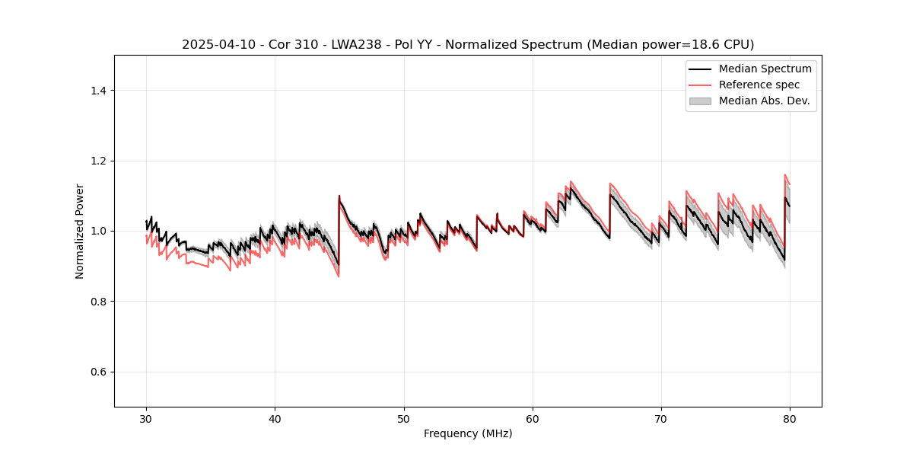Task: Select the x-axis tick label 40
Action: tap(275, 418)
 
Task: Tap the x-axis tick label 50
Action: tap(404, 418)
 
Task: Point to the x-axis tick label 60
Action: tap(533, 418)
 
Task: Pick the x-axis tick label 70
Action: tap(661, 418)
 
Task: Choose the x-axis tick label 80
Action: tap(790, 418)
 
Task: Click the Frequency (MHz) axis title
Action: tap(468, 433)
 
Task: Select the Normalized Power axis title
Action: tap(80, 231)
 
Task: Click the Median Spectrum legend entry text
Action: tap(765, 69)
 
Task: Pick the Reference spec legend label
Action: tap(759, 85)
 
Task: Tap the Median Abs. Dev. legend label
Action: tap(764, 101)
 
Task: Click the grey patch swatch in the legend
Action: tap(700, 101)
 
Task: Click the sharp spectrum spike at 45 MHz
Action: tap(339, 197)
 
